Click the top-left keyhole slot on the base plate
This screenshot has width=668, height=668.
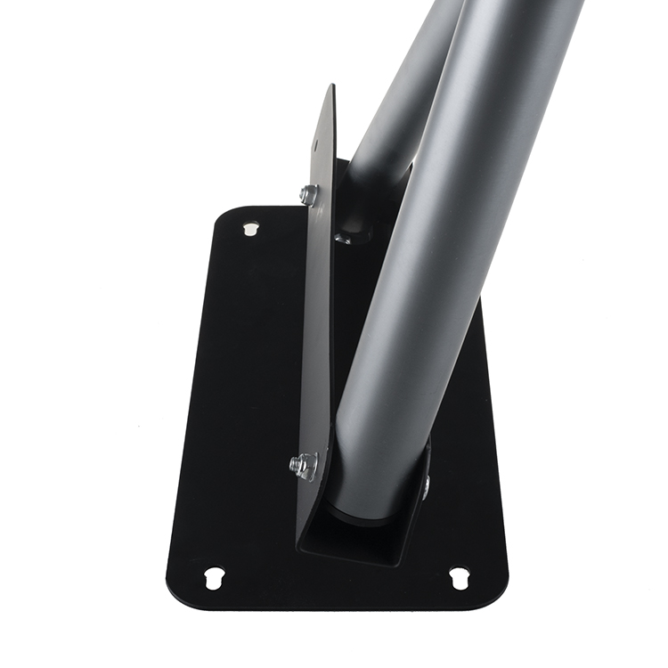pos(250,229)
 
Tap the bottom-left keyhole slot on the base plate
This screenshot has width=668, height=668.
pos(214,577)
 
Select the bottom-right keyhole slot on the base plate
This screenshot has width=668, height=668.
pos(459,577)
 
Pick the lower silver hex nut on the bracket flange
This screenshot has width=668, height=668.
pos(304,464)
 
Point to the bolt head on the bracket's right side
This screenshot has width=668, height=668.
pos(427,484)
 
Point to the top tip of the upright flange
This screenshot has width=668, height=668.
pos(330,88)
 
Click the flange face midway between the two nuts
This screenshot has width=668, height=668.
pos(312,330)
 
